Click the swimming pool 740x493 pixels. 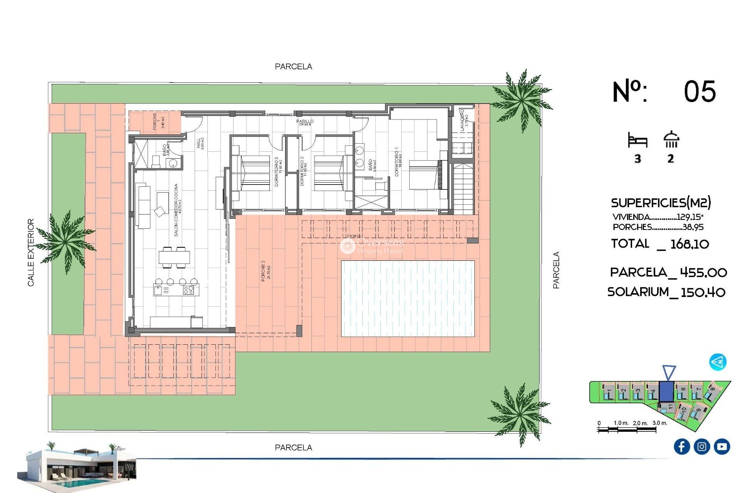(408, 298)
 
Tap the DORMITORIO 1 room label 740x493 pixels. (397, 162)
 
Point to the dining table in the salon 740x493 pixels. (174, 257)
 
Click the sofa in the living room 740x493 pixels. (143, 206)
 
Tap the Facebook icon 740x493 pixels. (681, 446)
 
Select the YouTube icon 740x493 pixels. (721, 446)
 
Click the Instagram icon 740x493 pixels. (701, 446)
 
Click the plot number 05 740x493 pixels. (700, 92)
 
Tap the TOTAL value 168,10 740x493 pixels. (689, 244)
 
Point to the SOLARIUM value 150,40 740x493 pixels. (703, 292)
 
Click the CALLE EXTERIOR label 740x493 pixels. (31, 252)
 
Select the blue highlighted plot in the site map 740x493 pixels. (666, 391)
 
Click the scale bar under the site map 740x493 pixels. (626, 429)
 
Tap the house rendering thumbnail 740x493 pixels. (77, 466)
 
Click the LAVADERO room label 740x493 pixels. (464, 120)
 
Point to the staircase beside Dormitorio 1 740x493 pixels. (462, 189)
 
